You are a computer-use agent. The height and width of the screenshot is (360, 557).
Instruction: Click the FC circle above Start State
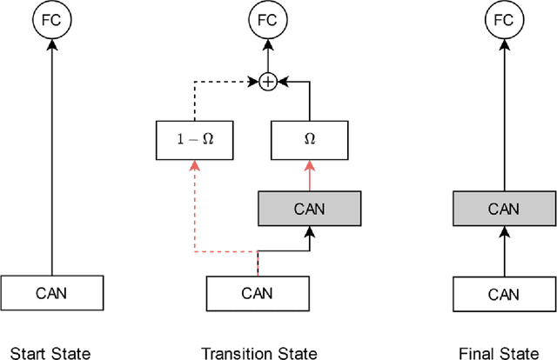[x=51, y=18]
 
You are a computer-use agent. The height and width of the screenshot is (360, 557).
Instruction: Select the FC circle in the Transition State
[x=267, y=18]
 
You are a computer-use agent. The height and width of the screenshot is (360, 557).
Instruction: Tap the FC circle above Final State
[x=504, y=18]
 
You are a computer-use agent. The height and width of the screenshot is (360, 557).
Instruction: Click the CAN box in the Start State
[x=51, y=292]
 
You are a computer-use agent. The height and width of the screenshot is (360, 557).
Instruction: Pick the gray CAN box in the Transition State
[x=309, y=209]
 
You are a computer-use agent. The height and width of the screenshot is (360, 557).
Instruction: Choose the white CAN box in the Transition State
[x=258, y=293]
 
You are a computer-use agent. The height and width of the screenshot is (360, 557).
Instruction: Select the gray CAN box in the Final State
[x=504, y=209]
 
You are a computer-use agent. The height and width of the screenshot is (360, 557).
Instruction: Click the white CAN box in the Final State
[x=504, y=293]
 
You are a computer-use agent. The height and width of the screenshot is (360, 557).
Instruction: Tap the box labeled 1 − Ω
[x=195, y=139]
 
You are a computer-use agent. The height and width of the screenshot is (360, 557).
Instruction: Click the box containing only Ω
[x=309, y=139]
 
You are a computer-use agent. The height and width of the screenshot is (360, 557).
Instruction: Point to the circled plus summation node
[x=267, y=81]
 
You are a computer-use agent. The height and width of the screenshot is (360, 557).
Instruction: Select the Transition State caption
[x=258, y=353]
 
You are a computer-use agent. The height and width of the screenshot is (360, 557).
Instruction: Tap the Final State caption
[x=504, y=353]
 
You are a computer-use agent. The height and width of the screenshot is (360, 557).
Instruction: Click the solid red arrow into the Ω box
[x=309, y=175]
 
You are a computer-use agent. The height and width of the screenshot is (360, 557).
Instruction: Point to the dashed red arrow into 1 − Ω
[x=195, y=209]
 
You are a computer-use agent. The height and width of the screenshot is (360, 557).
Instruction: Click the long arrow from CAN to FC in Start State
[x=51, y=157]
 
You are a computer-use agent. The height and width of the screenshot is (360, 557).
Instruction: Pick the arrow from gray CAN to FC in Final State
[x=504, y=113]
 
